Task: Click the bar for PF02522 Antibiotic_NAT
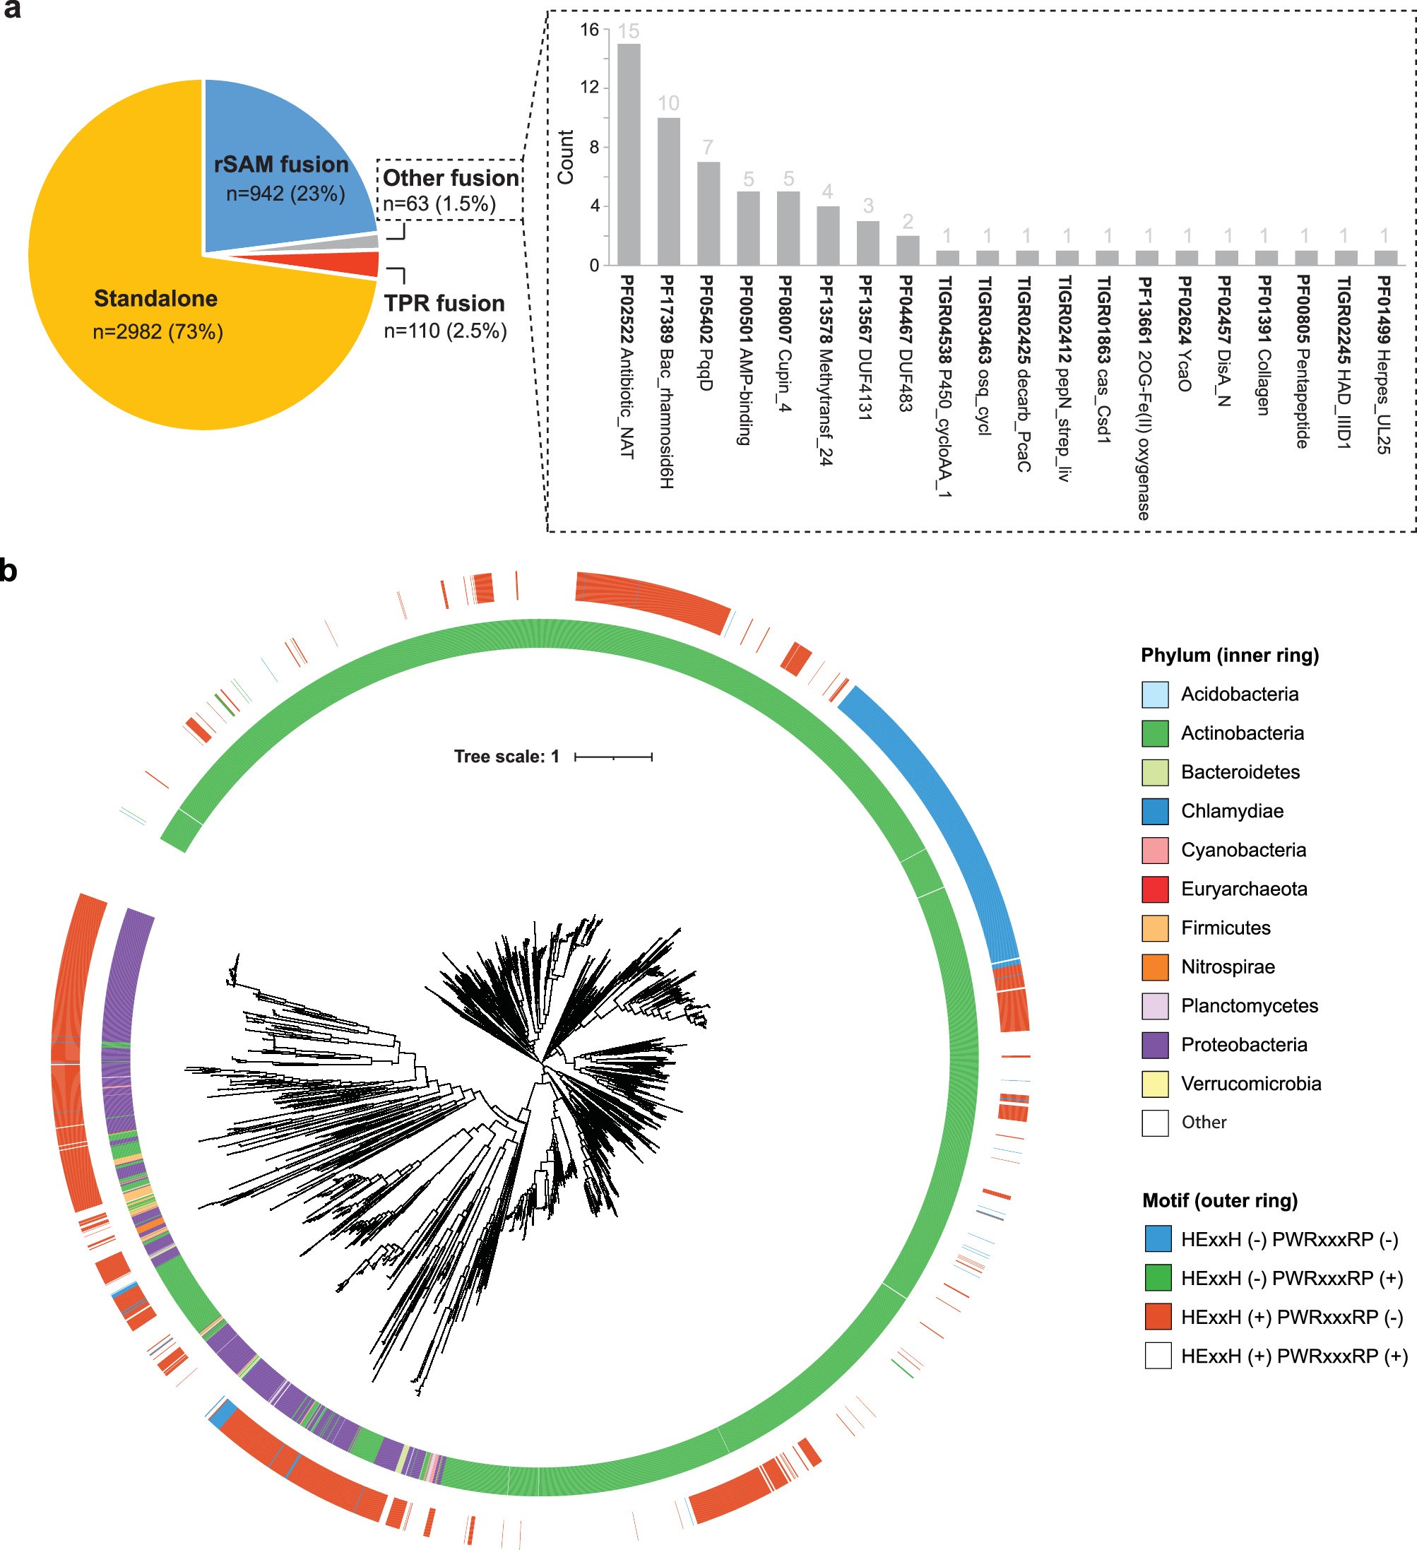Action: [628, 154]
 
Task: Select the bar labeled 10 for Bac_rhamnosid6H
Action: [668, 191]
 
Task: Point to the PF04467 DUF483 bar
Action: [907, 250]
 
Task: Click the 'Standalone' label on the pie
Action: [155, 298]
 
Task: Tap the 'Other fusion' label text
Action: [451, 178]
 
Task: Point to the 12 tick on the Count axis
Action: [590, 88]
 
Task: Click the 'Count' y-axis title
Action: [566, 157]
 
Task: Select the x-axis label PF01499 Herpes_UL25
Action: [1383, 365]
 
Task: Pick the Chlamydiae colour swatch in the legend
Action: [1155, 811]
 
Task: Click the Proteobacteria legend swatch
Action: [1155, 1045]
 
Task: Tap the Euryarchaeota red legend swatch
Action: [1155, 889]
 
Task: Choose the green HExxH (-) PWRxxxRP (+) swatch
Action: [1157, 1278]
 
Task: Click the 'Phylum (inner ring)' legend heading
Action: [1229, 655]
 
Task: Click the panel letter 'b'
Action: [8, 571]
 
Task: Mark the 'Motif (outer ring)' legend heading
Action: [1219, 1200]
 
